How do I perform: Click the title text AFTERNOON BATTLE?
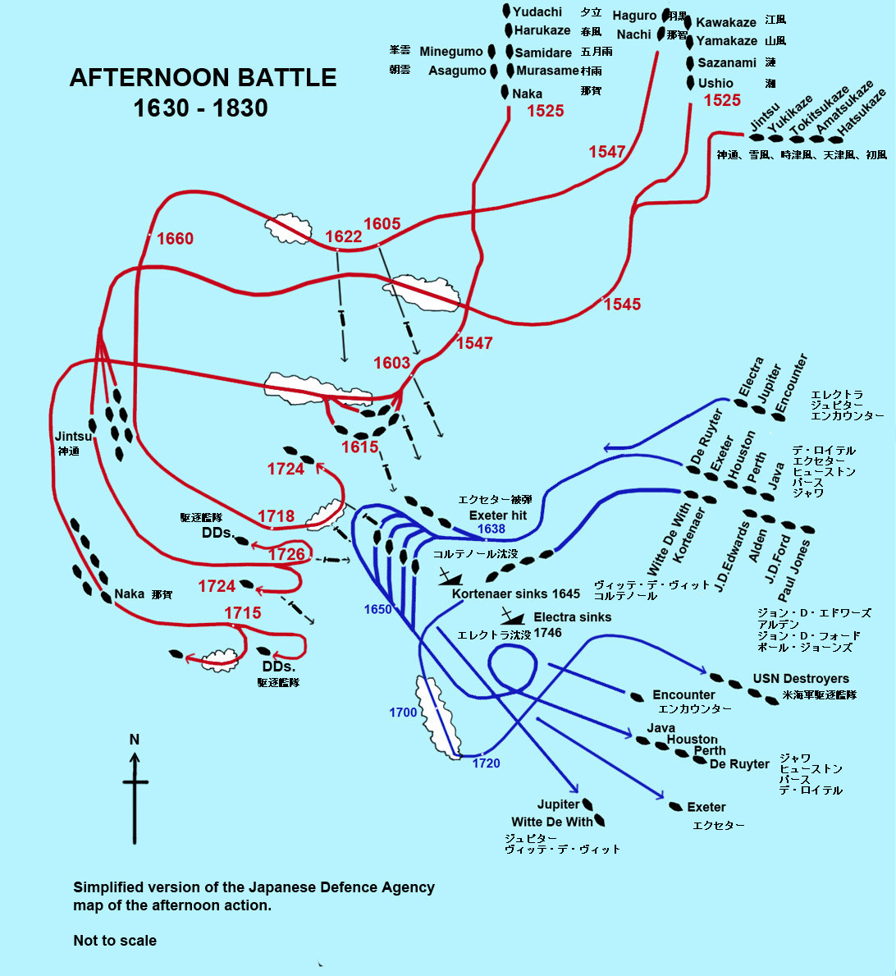click(203, 78)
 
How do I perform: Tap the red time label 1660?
click(175, 239)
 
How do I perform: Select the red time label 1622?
click(343, 237)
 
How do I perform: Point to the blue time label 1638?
click(491, 529)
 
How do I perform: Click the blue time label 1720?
click(486, 763)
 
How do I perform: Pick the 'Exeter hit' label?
click(498, 515)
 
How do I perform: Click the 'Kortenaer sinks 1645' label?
click(516, 593)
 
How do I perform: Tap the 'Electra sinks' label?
click(572, 617)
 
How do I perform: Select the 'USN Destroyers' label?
click(801, 679)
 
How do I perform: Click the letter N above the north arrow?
click(135, 740)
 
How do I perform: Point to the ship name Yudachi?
click(537, 12)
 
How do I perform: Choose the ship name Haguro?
click(634, 16)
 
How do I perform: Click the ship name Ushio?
click(715, 83)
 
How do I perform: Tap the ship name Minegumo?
click(451, 52)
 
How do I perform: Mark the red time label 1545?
click(622, 305)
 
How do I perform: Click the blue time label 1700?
click(403, 713)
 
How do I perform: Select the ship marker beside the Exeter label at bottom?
click(676, 807)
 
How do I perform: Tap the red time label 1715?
click(243, 613)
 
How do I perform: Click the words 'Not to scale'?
click(115, 941)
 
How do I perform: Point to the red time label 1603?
click(391, 363)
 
